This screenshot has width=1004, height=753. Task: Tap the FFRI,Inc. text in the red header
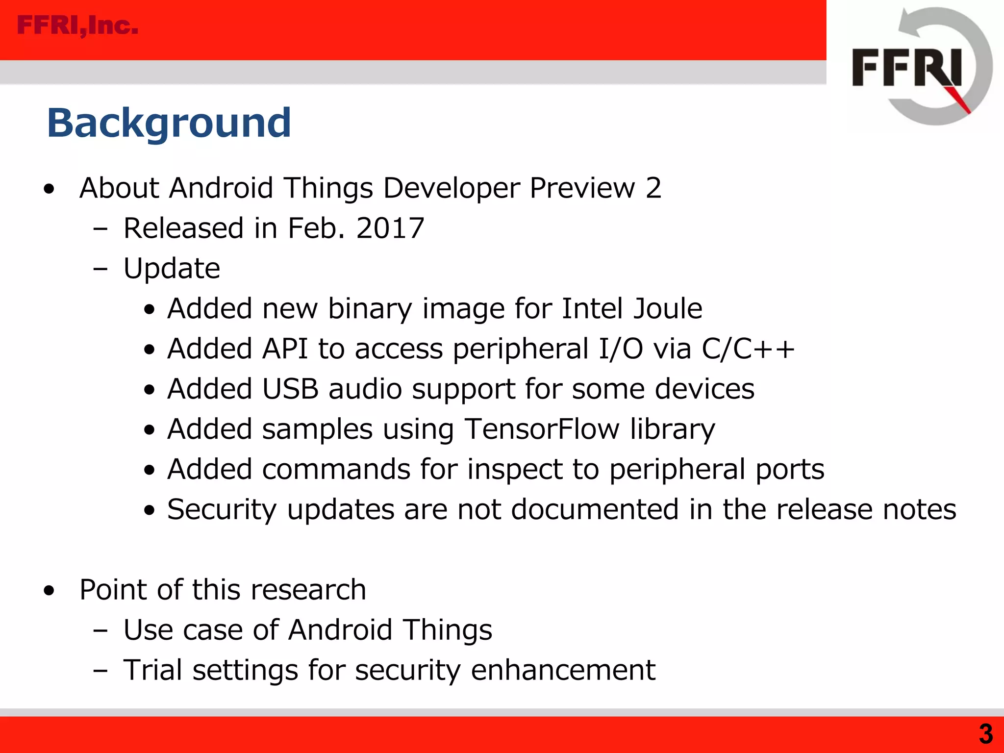click(x=77, y=25)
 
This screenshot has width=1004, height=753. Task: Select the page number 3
click(x=985, y=734)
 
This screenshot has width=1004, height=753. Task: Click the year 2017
click(x=390, y=228)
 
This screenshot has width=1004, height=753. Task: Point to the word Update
click(x=172, y=269)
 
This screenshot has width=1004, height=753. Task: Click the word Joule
click(x=667, y=308)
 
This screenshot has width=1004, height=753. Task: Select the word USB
click(x=290, y=389)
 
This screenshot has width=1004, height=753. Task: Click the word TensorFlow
click(x=542, y=429)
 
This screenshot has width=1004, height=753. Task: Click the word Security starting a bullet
click(x=222, y=510)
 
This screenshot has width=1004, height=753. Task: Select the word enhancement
click(x=563, y=670)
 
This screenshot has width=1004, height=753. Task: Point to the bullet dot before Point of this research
click(x=49, y=591)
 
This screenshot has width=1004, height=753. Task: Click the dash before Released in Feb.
click(x=100, y=229)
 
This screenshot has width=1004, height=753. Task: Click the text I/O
click(x=621, y=349)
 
